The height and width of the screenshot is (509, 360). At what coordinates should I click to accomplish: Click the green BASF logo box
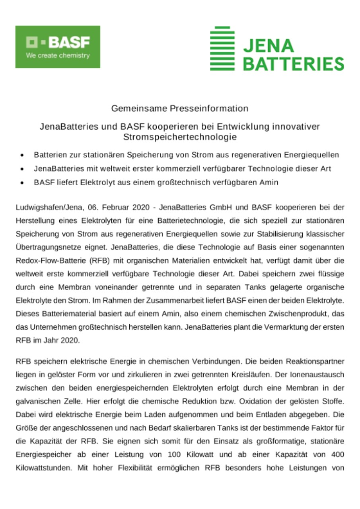[x=58, y=47]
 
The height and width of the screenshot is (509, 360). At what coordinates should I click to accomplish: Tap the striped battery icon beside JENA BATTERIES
[x=222, y=49]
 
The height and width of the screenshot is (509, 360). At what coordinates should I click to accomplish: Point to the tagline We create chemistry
[x=58, y=56]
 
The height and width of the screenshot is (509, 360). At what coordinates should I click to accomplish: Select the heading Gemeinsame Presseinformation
[x=180, y=108]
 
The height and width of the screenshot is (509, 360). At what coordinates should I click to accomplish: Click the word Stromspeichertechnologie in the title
[x=180, y=138]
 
